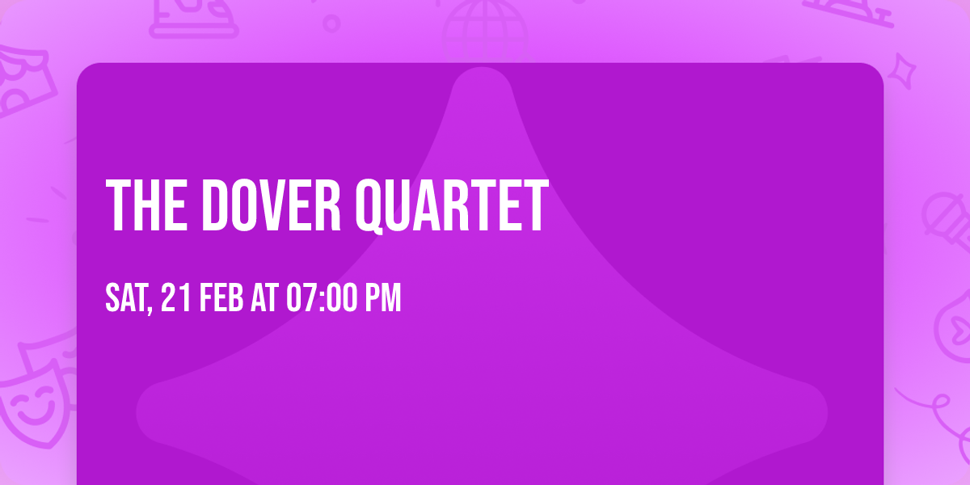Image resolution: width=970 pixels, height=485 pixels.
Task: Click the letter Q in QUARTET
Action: coord(374,207)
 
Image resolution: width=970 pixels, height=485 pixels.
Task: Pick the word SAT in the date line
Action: coord(126,298)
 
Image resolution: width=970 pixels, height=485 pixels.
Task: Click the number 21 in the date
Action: coord(177,298)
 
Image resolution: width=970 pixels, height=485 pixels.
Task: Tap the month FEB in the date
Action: coord(221,298)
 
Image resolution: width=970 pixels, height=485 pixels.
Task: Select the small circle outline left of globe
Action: coord(331,22)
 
